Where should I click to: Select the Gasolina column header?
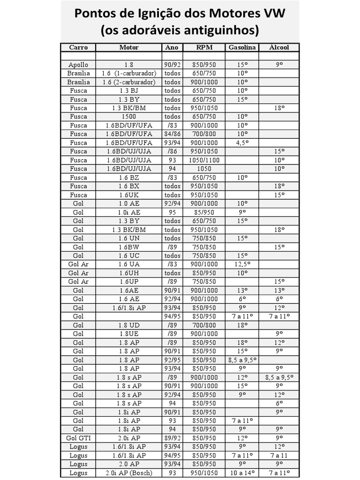242,47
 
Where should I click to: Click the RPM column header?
204,47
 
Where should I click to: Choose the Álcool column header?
279,47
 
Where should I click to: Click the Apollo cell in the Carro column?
78,65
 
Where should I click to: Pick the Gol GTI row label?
78,438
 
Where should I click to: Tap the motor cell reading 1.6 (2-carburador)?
129,82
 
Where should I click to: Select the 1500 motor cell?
129,117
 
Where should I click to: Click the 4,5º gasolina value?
242,142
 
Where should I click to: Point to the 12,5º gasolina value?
242,264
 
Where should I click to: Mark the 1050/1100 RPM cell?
204,160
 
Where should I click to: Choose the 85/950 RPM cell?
204,212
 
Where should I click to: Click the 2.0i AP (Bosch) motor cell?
129,472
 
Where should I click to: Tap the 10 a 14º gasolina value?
242,472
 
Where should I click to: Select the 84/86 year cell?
172,134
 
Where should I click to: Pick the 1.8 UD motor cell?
129,325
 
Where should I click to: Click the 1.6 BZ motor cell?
129,177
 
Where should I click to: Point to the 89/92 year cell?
172,438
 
